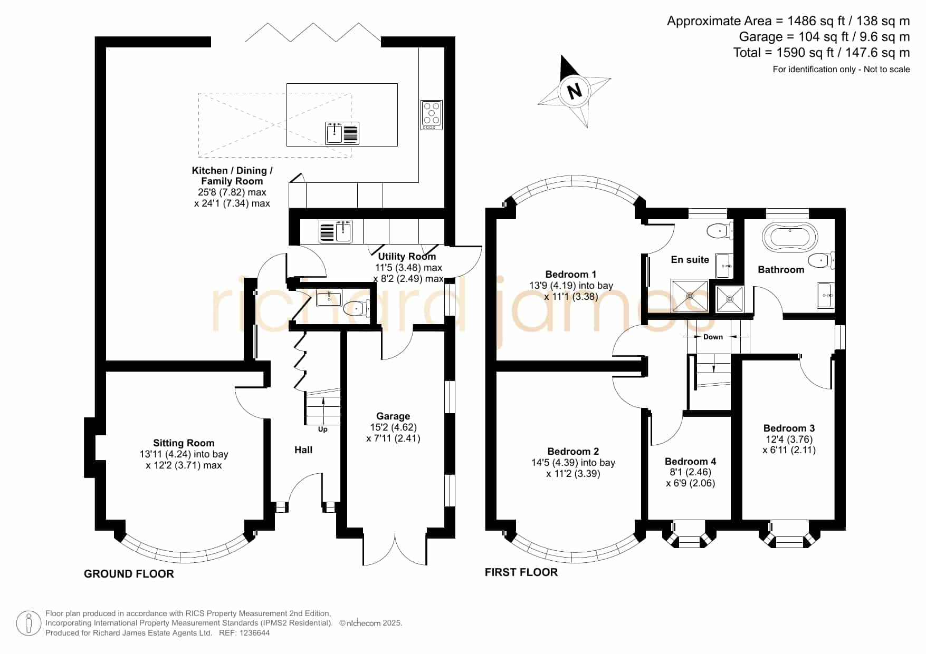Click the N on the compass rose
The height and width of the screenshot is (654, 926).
[574, 91]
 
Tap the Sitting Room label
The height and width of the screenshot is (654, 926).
[184, 443]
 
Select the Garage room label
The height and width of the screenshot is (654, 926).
[393, 416]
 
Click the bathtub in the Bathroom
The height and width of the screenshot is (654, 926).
[790, 238]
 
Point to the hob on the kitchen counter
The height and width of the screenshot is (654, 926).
[432, 115]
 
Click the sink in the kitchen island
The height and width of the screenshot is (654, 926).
[342, 133]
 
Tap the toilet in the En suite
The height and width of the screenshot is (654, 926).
[719, 230]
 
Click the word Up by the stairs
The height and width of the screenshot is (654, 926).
[322, 430]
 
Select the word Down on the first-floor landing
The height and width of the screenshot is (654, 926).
[713, 337]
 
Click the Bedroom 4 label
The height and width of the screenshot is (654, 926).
[691, 462]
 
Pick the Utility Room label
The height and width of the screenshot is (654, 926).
[407, 257]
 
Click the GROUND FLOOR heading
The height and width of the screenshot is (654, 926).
[129, 574]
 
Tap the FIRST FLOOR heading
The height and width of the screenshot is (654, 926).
[521, 572]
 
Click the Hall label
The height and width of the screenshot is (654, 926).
[303, 450]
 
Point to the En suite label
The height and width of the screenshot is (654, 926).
[690, 260]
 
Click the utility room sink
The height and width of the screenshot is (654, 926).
[336, 231]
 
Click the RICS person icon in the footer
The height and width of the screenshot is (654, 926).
[28, 623]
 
